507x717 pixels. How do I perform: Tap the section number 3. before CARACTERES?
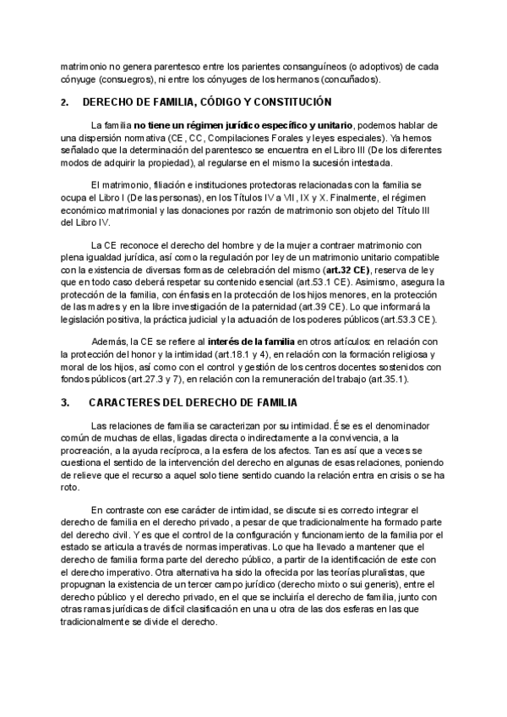click(x=65, y=402)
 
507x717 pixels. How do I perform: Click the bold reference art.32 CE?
click(x=349, y=269)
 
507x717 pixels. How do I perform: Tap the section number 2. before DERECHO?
click(x=65, y=102)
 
